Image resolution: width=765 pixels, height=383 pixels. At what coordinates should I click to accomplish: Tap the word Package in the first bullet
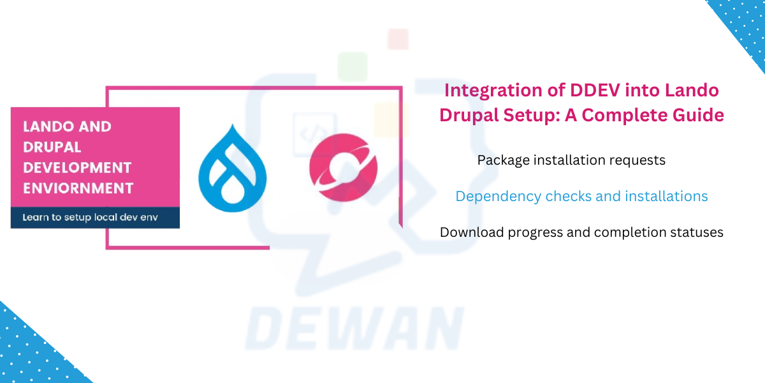[502, 160]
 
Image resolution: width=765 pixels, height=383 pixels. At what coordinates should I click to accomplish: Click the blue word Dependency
[498, 196]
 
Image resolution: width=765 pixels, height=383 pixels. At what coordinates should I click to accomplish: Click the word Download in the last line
[472, 232]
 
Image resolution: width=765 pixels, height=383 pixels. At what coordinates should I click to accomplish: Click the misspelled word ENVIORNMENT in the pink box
[78, 188]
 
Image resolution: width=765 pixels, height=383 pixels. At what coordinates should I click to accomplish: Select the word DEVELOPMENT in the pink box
[77, 168]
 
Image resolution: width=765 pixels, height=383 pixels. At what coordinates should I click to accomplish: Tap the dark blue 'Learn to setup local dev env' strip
[95, 218]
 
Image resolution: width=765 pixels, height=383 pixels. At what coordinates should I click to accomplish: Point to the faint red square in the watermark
[398, 39]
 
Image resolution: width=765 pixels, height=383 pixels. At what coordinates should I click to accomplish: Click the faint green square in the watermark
[353, 66]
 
